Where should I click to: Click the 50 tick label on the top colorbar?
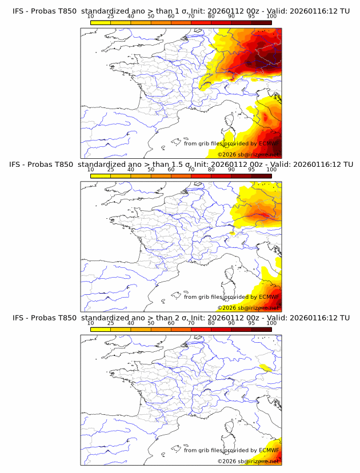tap(151, 16)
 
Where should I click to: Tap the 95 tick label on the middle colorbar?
tap(251, 170)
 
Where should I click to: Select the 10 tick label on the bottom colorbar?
tap(91, 323)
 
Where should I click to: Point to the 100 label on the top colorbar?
tap(271, 16)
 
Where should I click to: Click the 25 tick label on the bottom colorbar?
tap(111, 323)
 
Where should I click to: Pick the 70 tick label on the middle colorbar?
tap(191, 170)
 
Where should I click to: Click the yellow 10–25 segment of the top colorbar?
tap(101, 22)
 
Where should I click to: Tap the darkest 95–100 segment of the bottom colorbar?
tap(261, 329)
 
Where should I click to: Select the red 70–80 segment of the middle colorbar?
tap(201, 176)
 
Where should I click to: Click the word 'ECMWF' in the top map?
tap(269, 144)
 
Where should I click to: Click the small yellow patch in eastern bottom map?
tap(266, 368)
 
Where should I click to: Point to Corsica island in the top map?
tap(229, 121)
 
